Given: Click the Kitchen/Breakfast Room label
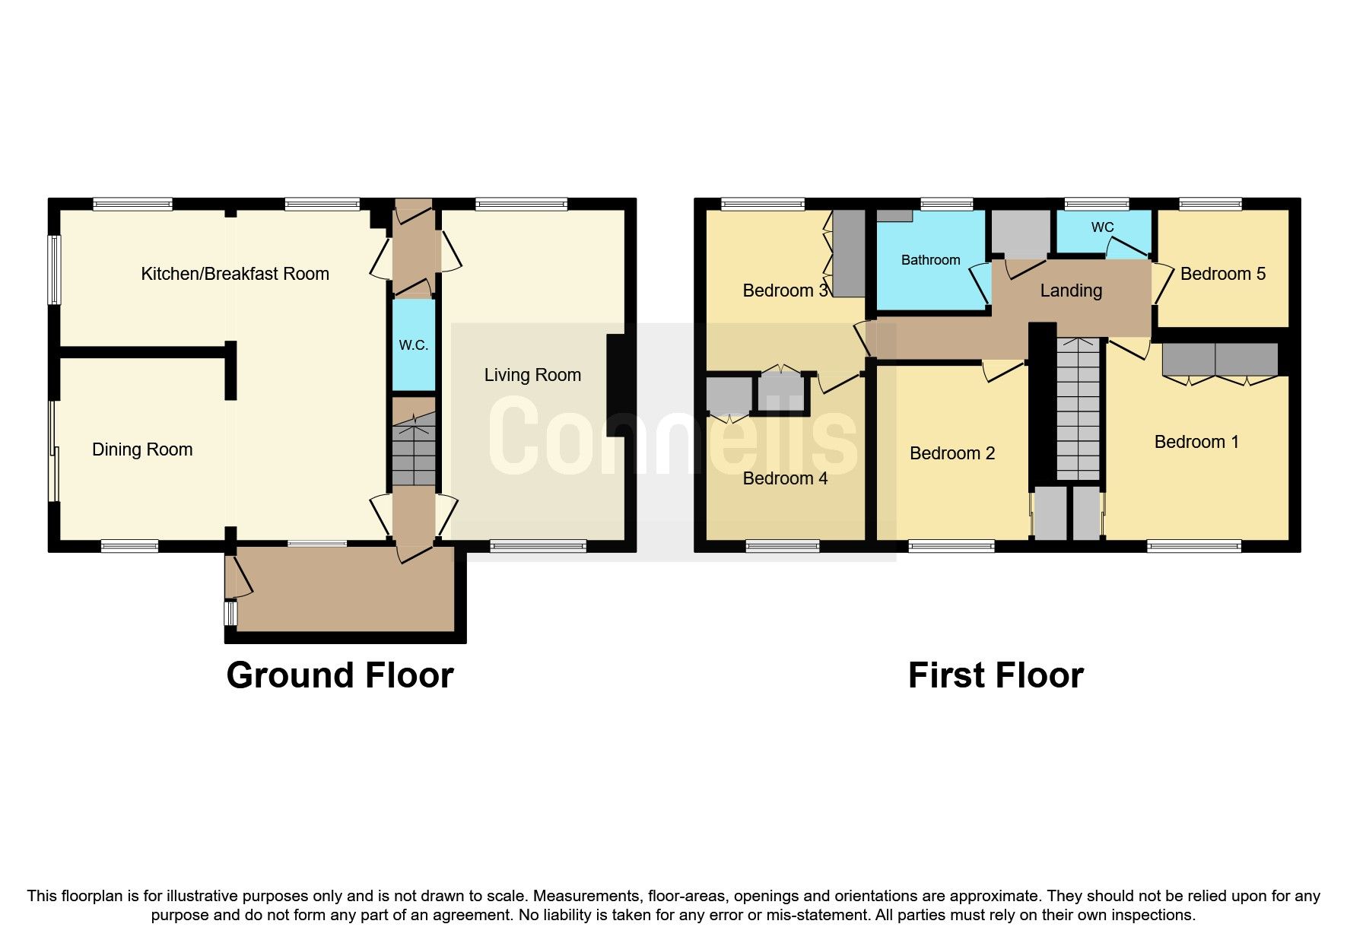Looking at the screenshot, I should [x=235, y=274].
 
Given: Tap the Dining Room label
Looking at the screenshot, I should [x=142, y=449].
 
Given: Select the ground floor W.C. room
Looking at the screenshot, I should [x=414, y=344].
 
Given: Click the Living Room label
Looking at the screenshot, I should [x=532, y=375].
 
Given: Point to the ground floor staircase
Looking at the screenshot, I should [x=414, y=450].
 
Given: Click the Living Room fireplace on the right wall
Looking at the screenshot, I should [x=615, y=386].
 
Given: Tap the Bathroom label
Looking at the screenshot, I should [x=930, y=260].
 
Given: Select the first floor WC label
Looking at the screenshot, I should [x=1102, y=227].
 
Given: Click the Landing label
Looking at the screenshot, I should [x=1071, y=291].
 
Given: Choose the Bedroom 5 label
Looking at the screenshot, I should [x=1222, y=274].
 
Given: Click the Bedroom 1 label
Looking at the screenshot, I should [x=1196, y=442].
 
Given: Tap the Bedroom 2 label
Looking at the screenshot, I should [x=951, y=453].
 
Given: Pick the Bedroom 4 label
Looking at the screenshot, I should [x=785, y=478].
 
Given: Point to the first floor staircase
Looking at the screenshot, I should [x=1079, y=411].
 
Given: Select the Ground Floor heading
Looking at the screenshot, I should [x=340, y=675].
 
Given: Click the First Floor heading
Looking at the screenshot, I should [x=995, y=675].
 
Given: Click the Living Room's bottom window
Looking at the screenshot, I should [x=538, y=546].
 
